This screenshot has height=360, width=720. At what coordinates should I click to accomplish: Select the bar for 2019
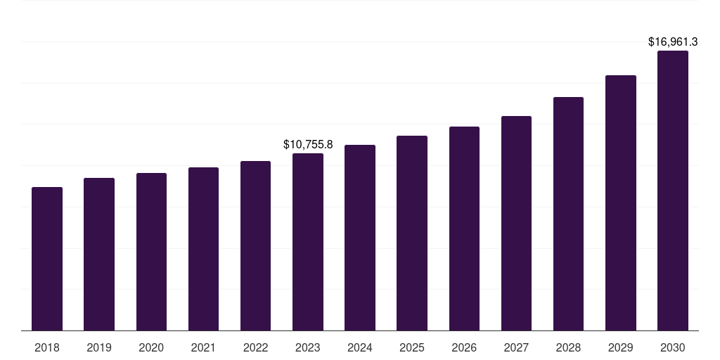click(x=99, y=255)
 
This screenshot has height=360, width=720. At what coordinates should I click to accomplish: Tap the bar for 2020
click(x=151, y=252)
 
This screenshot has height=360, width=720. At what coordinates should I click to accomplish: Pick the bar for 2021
click(x=203, y=249)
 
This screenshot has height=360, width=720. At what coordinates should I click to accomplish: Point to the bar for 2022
click(x=255, y=246)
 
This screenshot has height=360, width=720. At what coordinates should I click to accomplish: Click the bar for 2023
click(x=308, y=242)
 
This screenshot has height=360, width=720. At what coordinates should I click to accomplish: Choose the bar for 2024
click(x=360, y=238)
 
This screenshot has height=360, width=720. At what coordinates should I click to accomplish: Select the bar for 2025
click(x=412, y=233)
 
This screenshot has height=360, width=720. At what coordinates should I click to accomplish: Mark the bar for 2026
click(x=464, y=229)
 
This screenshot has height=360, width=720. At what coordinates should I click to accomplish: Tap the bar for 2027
click(x=516, y=224)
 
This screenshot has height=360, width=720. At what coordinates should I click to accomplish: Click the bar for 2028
click(x=568, y=214)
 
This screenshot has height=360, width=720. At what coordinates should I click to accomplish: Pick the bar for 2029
click(x=620, y=203)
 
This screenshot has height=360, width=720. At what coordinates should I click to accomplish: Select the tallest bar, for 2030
click(x=673, y=191)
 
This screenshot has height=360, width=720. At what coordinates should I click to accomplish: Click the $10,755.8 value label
click(x=308, y=144)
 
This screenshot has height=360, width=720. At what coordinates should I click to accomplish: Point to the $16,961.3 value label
click(x=673, y=42)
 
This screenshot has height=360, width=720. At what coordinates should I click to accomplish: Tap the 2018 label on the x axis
click(x=47, y=347)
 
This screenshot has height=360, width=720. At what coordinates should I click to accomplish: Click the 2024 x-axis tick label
click(x=360, y=347)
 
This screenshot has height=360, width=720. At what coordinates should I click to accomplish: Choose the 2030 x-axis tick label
click(x=673, y=347)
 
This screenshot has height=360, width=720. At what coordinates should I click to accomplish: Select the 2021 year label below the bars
click(x=203, y=347)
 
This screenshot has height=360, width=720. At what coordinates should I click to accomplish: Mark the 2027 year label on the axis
click(x=516, y=347)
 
